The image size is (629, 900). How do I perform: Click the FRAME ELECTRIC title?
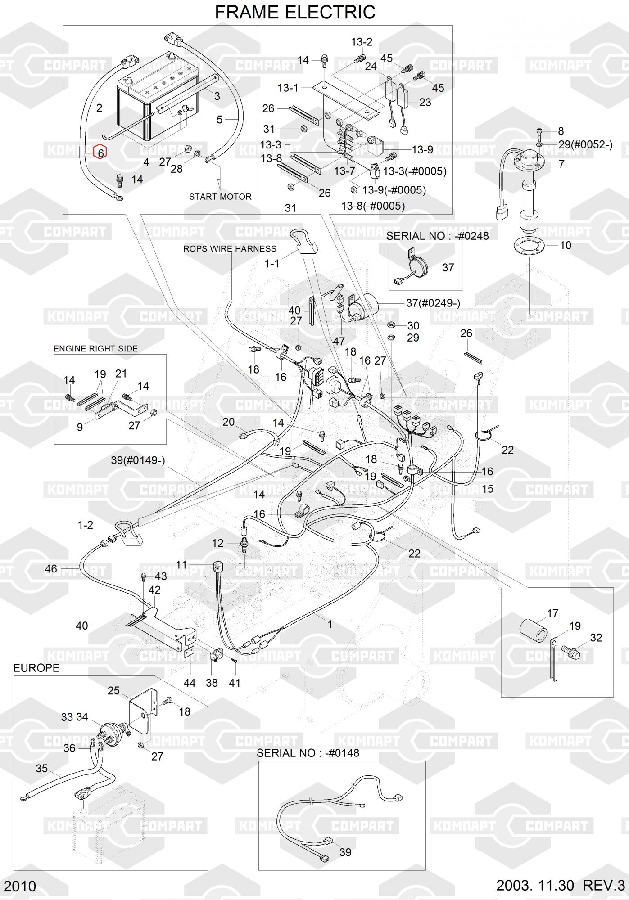(x=295, y=12)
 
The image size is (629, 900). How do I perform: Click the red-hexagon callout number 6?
(x=100, y=153)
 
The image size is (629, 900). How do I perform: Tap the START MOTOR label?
(x=220, y=197)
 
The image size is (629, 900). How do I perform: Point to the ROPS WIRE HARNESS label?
(x=230, y=248)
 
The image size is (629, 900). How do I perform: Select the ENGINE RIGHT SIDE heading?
(x=95, y=348)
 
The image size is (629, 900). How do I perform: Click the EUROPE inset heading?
(x=36, y=668)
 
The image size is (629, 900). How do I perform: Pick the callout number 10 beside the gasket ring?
(x=566, y=245)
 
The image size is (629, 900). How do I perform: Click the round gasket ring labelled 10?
(x=527, y=246)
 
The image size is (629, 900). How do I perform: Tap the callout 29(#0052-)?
(x=585, y=145)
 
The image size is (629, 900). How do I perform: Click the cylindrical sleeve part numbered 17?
(x=534, y=631)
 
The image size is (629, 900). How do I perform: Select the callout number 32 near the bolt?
(x=596, y=638)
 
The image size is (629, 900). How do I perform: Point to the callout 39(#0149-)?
(x=138, y=460)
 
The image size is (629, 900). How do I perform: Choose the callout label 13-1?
(x=288, y=88)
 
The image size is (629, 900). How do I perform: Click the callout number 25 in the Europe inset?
(x=113, y=690)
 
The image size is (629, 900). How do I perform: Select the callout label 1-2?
(x=86, y=525)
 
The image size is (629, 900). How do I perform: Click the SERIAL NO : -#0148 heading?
(x=308, y=753)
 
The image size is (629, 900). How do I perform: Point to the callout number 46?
(x=51, y=569)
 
